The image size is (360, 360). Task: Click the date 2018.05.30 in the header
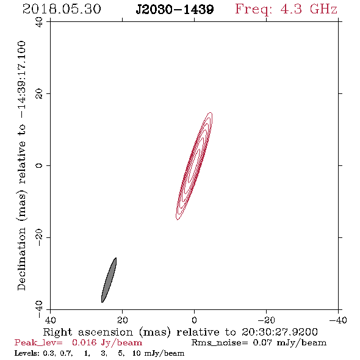coord(62,9)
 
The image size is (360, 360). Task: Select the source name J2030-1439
coord(175,9)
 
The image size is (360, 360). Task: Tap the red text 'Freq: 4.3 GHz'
coord(286,9)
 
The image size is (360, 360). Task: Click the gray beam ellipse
coord(109,280)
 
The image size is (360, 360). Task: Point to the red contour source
coord(194,166)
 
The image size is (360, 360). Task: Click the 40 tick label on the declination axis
coord(39,22)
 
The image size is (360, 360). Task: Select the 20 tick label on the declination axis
coord(39,94)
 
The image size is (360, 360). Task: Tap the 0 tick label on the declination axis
coord(39,165)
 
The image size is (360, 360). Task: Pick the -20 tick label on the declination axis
coord(39,237)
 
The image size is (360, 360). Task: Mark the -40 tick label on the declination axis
coord(39,309)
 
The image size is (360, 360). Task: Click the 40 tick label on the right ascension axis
coord(50,320)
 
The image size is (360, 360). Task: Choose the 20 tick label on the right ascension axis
coord(122,320)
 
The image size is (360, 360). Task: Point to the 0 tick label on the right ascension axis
coord(194,320)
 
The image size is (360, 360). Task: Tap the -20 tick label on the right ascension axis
coord(266,320)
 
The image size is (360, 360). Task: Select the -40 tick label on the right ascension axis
coord(338,320)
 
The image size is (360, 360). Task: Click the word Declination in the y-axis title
coord(21,259)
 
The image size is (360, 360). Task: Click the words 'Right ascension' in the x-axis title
coord(88,332)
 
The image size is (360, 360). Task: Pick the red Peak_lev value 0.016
coord(84,342)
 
